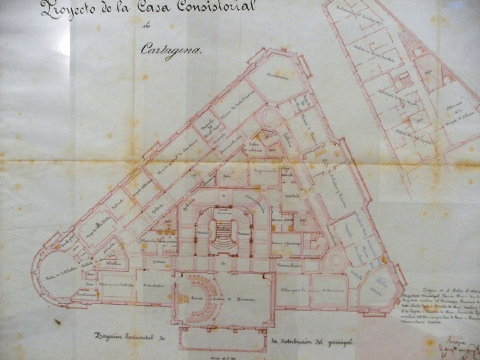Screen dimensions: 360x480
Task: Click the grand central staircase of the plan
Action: point(221,231)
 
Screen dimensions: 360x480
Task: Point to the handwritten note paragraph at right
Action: point(440,300)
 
